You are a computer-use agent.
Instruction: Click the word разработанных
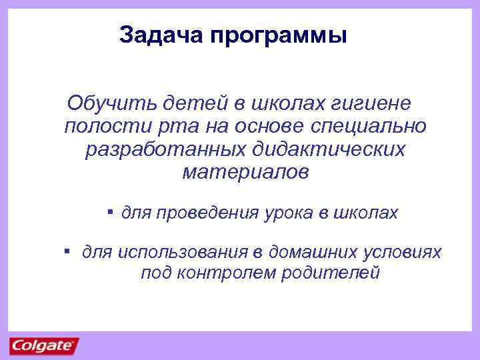[168, 149]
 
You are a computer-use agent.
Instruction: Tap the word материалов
[245, 173]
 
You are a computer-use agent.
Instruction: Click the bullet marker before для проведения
[109, 211]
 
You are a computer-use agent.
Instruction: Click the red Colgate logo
[44, 346]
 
